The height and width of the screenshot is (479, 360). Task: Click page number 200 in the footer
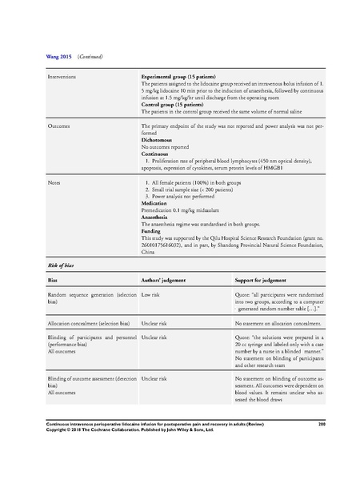(x=322, y=423)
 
